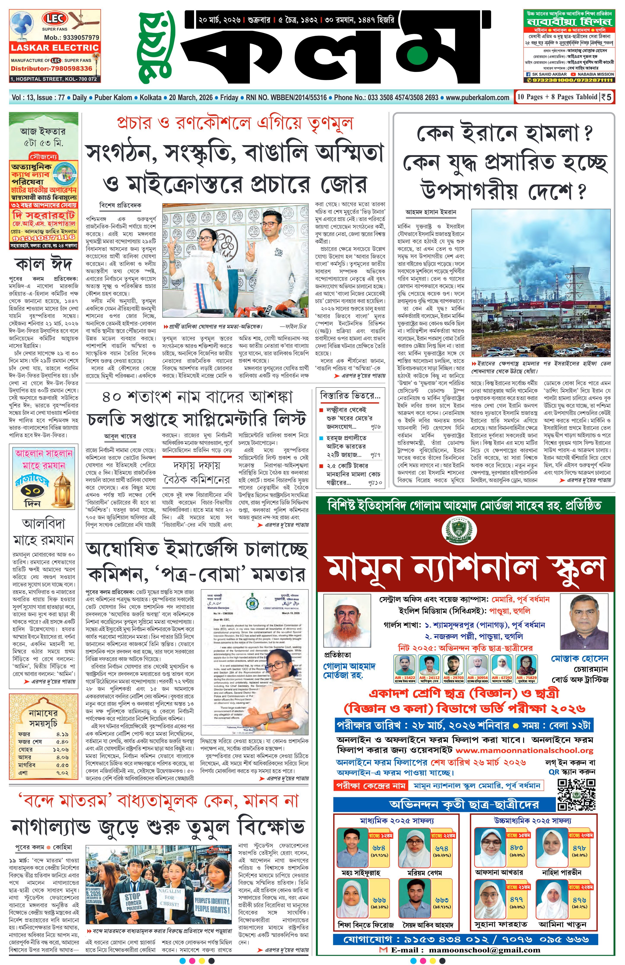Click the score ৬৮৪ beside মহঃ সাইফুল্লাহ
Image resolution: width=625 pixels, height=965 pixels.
[376, 847]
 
